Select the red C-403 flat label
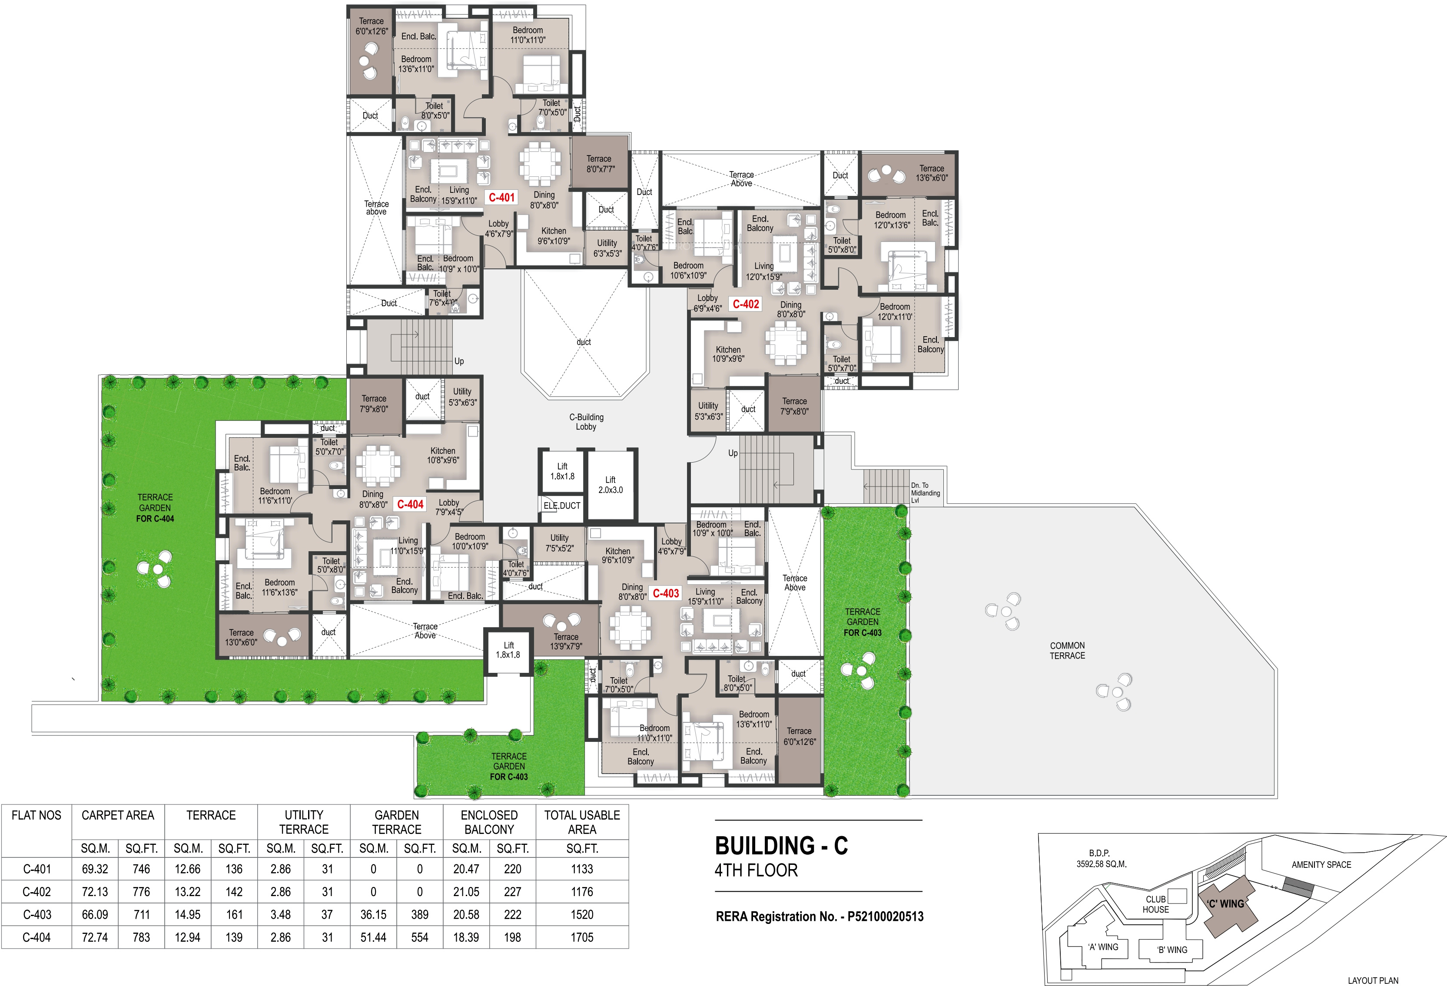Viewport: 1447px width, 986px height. [x=666, y=593]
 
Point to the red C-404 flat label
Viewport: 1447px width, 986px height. [x=410, y=504]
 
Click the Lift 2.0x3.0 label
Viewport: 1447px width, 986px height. [x=610, y=485]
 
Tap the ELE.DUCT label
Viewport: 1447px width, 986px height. [x=561, y=506]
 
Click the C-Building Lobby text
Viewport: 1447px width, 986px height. [x=586, y=422]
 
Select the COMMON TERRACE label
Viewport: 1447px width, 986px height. [x=1067, y=651]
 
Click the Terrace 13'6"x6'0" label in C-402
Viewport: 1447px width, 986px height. [x=932, y=173]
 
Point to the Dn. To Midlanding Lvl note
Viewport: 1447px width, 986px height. [x=925, y=493]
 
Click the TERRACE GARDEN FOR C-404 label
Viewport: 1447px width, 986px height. [x=155, y=508]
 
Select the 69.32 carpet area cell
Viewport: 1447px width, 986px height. [x=95, y=869]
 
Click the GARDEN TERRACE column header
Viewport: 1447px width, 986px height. [x=397, y=822]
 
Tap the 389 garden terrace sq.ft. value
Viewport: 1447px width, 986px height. [x=420, y=914]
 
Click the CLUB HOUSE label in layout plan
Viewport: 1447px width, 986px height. [x=1155, y=904]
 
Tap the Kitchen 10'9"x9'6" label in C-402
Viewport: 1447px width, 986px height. [x=728, y=354]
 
